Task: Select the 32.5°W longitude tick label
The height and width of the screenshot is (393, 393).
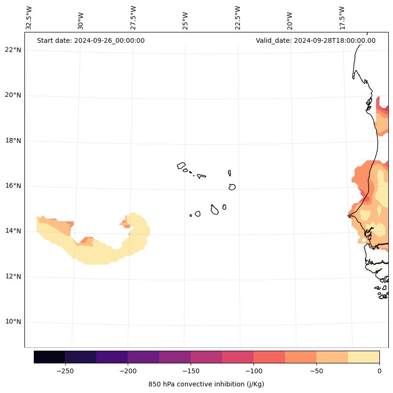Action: tap(29, 18)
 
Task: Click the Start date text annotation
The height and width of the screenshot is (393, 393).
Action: tap(91, 40)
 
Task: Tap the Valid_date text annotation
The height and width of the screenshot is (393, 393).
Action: tap(316, 40)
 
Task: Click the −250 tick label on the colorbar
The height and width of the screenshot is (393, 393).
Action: tap(65, 371)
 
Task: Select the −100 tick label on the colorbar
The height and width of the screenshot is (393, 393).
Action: tap(254, 371)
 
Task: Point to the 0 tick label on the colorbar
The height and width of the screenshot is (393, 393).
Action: tap(379, 371)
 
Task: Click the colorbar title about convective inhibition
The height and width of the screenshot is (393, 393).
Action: tap(206, 384)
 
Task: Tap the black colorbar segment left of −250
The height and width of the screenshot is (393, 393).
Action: tap(49, 357)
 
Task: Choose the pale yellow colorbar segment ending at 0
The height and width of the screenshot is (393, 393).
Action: tap(363, 357)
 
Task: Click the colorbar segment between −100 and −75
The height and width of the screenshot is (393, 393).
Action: tap(269, 357)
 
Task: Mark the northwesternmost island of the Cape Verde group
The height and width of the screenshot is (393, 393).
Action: tap(181, 165)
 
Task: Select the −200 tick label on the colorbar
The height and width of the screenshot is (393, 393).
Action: tap(128, 371)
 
